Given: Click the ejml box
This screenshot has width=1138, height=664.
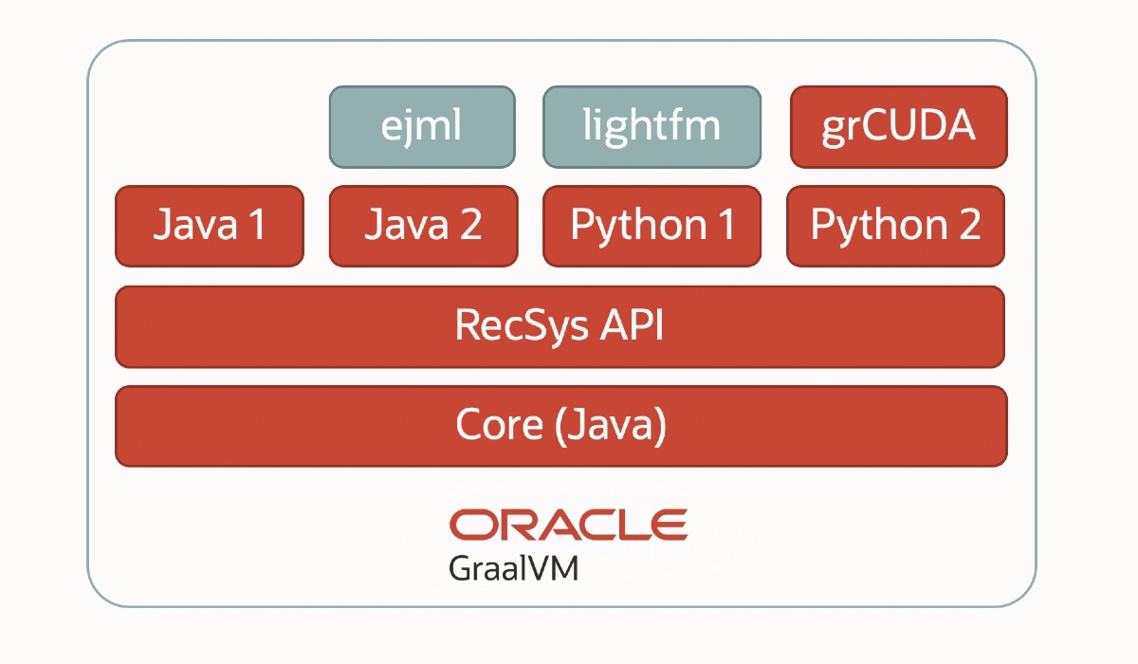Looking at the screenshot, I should (422, 127).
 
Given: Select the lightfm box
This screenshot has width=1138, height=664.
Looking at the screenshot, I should (652, 127).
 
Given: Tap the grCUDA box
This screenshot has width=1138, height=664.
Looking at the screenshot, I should (898, 127).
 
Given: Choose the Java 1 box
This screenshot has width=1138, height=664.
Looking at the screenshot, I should (210, 226).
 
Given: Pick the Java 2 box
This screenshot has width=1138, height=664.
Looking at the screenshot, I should (423, 226).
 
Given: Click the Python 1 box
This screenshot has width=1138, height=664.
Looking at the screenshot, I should (652, 226).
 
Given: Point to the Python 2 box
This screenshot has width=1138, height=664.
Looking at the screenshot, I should (895, 226).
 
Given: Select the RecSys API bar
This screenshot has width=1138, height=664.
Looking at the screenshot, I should (560, 326).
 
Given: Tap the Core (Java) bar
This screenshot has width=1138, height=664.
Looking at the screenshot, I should (560, 426).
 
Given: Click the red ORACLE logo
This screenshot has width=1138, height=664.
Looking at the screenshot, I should (568, 525).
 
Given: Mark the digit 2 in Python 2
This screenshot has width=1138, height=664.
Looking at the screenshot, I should (964, 226).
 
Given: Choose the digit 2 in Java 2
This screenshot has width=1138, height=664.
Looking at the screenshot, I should (468, 226).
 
